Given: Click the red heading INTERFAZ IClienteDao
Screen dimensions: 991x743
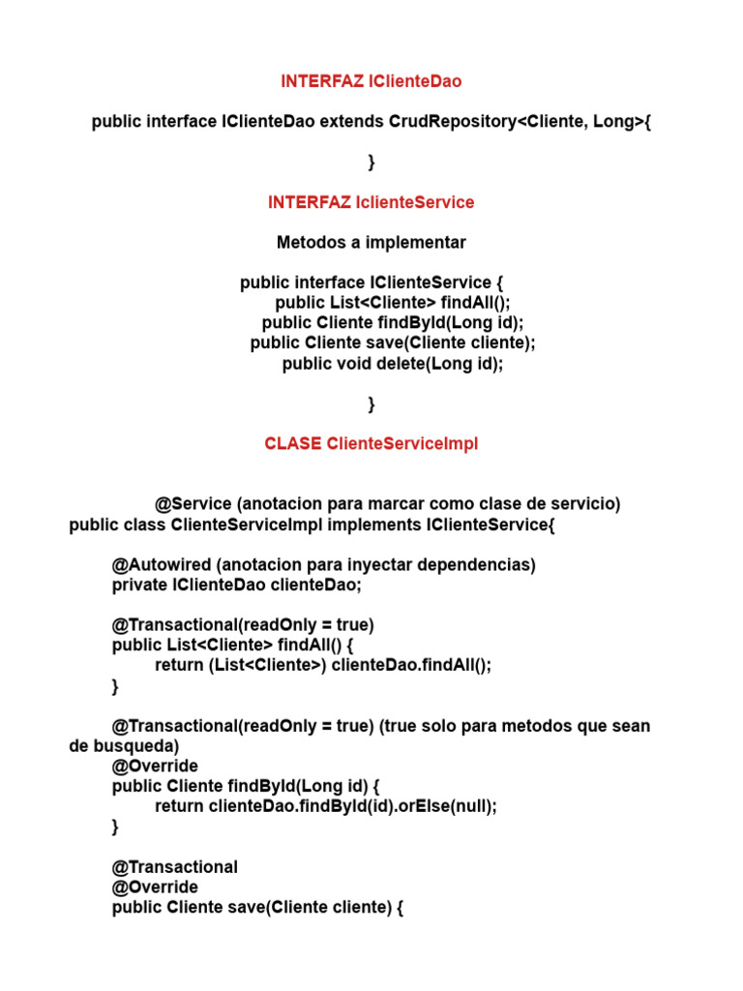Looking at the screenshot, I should pyautogui.click(x=371, y=82).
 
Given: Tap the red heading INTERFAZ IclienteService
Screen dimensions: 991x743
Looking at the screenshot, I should pyautogui.click(x=371, y=202).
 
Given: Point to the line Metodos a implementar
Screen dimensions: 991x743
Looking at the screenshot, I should pyautogui.click(x=371, y=242).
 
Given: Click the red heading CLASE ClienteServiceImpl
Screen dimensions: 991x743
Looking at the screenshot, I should pyautogui.click(x=371, y=443).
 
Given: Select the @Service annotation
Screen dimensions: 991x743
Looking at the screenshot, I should pyautogui.click(x=193, y=504).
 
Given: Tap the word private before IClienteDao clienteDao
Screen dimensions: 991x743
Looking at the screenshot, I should pyautogui.click(x=139, y=585).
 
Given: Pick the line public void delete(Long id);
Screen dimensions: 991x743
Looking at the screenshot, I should pyautogui.click(x=393, y=364).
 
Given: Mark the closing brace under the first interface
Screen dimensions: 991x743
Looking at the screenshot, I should pyautogui.click(x=371, y=163).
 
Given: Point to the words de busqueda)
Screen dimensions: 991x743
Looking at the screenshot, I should pyautogui.click(x=124, y=746).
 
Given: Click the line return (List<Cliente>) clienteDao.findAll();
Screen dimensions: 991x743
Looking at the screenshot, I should pyautogui.click(x=323, y=666).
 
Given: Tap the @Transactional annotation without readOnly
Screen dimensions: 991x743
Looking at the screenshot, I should pyautogui.click(x=174, y=867).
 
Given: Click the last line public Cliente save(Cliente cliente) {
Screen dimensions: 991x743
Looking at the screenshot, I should pyautogui.click(x=257, y=908).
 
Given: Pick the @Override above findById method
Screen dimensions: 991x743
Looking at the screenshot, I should pyautogui.click(x=155, y=766).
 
